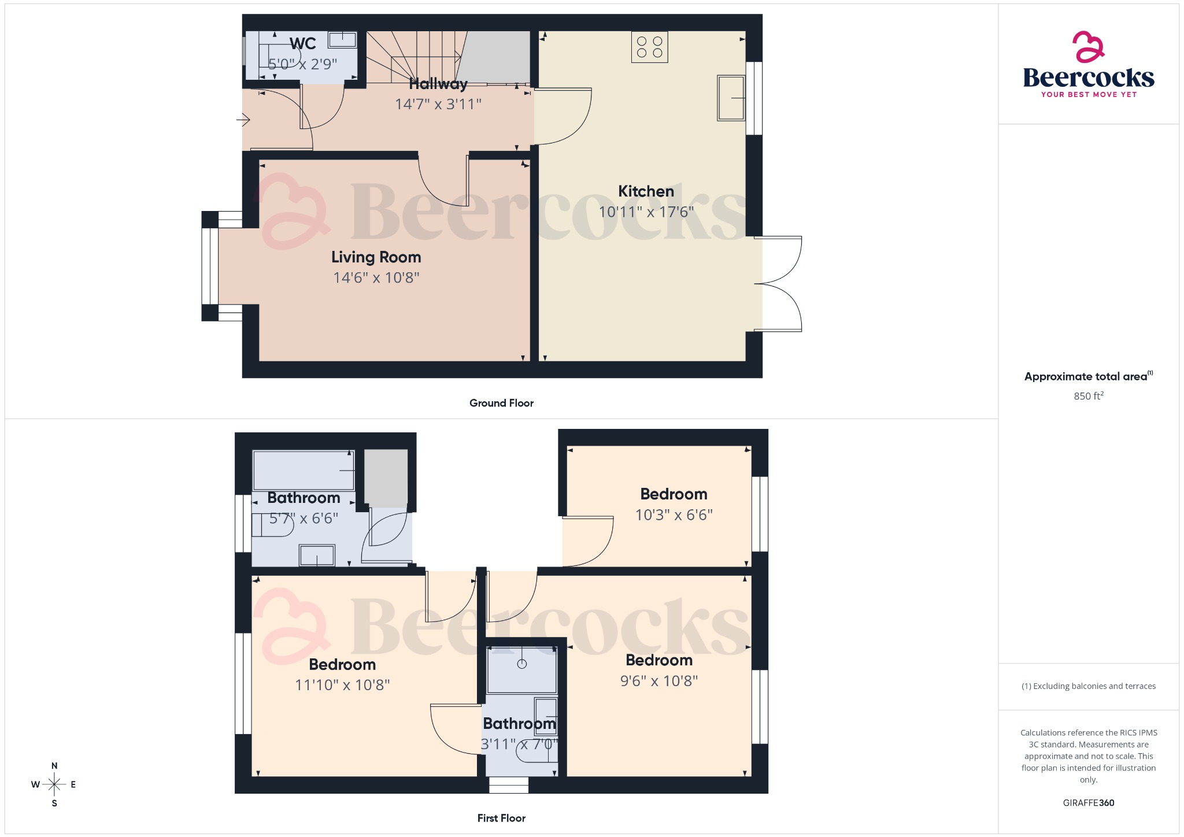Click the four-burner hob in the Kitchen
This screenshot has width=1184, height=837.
point(649,47)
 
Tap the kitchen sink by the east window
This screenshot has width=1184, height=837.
point(731,98)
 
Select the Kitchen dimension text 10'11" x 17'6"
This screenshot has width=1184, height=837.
point(646,212)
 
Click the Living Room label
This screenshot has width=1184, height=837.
point(376,257)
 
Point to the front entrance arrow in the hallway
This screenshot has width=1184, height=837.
point(243,120)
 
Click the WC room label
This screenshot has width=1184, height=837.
point(302,44)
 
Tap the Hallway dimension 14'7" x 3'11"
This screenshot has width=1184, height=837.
point(438,105)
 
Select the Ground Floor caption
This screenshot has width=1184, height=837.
point(501,403)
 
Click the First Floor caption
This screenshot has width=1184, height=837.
point(501,819)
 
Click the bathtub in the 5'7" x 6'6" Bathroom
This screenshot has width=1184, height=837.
point(304,471)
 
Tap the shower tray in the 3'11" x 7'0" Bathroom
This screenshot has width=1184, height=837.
point(521,669)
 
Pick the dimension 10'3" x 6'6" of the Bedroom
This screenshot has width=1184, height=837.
point(674,515)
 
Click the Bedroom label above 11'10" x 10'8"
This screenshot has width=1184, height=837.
point(342,665)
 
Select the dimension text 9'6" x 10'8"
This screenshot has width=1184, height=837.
point(658,681)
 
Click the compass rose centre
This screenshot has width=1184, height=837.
point(54,784)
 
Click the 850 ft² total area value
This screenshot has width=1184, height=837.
point(1088,396)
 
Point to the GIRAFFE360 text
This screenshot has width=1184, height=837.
point(1088,803)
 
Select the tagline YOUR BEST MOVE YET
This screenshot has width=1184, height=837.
point(1088,95)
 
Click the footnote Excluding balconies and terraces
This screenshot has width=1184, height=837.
point(1088,686)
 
